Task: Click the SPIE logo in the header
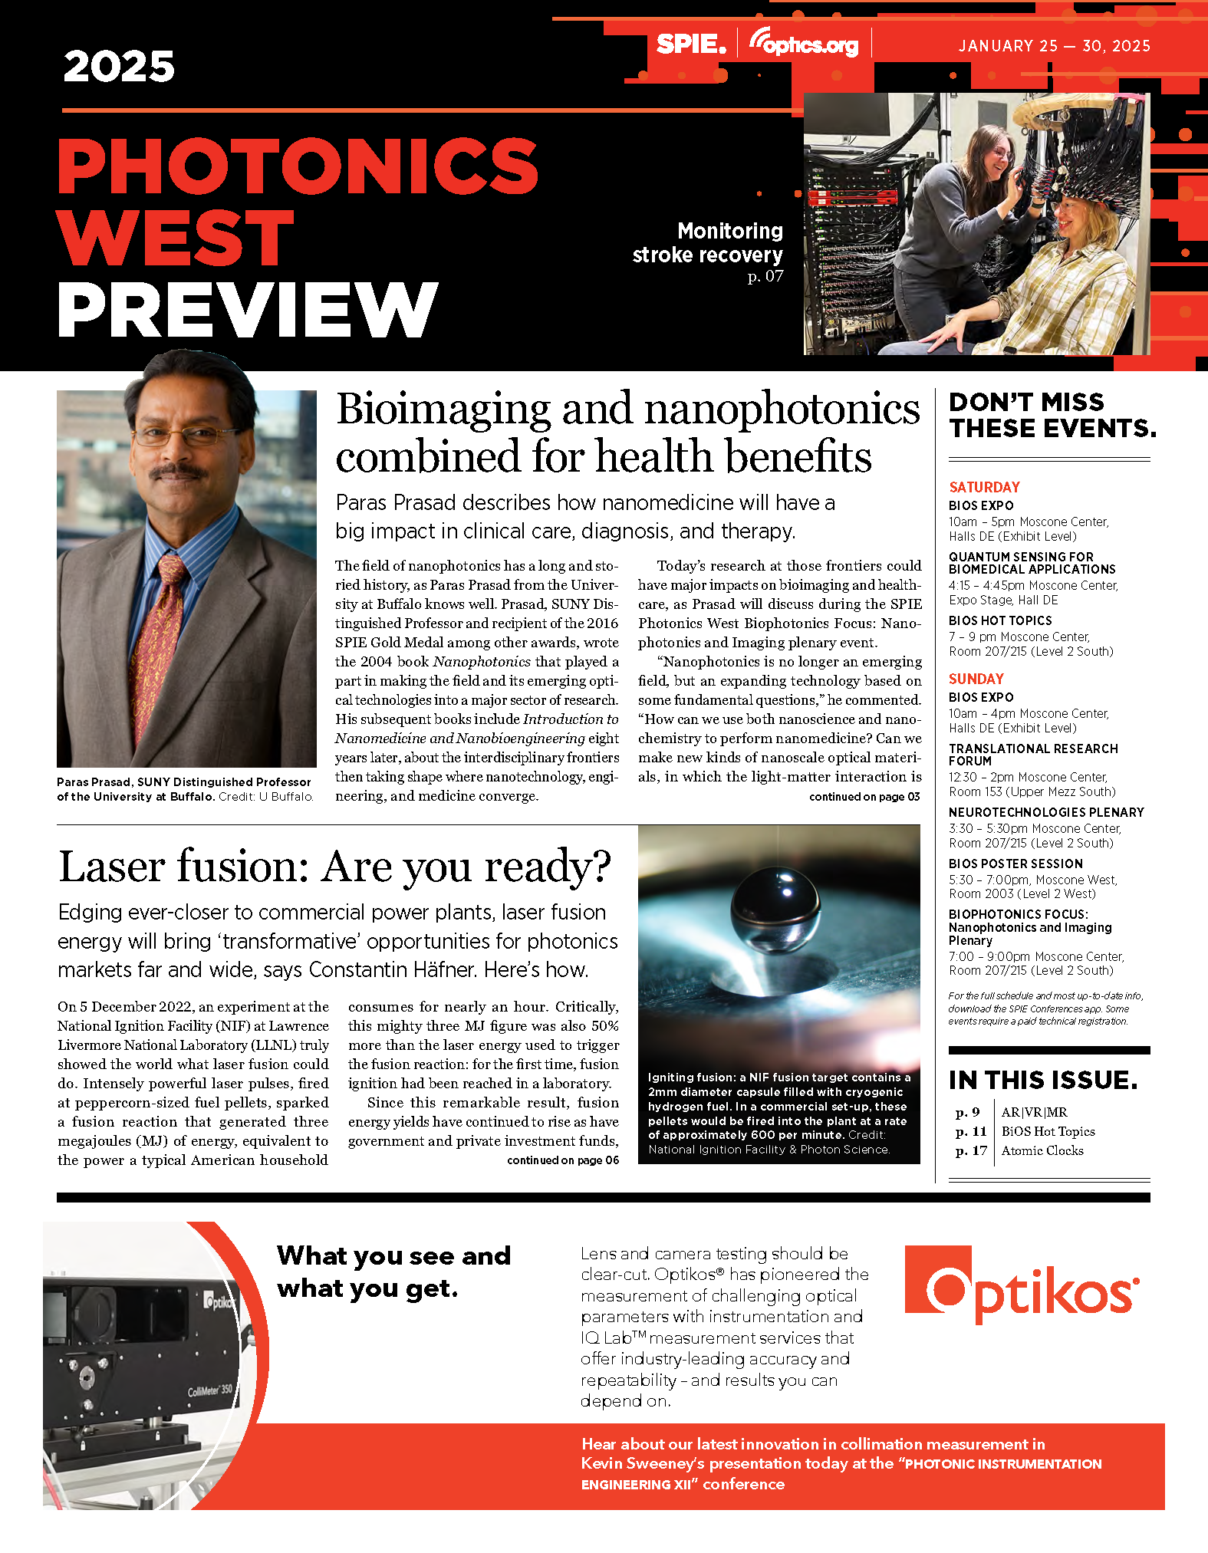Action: point(690,44)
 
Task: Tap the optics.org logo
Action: point(804,44)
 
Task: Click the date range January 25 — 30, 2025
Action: point(1054,46)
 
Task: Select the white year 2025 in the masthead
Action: point(119,67)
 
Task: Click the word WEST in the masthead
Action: point(176,239)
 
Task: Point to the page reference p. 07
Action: point(765,276)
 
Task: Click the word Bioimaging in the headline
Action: point(443,409)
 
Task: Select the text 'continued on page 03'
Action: point(864,797)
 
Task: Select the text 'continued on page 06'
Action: point(562,1160)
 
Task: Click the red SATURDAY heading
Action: point(984,487)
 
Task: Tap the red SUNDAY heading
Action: point(976,679)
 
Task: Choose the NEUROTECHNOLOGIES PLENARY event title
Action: point(1046,812)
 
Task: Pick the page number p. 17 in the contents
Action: point(971,1150)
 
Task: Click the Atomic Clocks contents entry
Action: point(1042,1150)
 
